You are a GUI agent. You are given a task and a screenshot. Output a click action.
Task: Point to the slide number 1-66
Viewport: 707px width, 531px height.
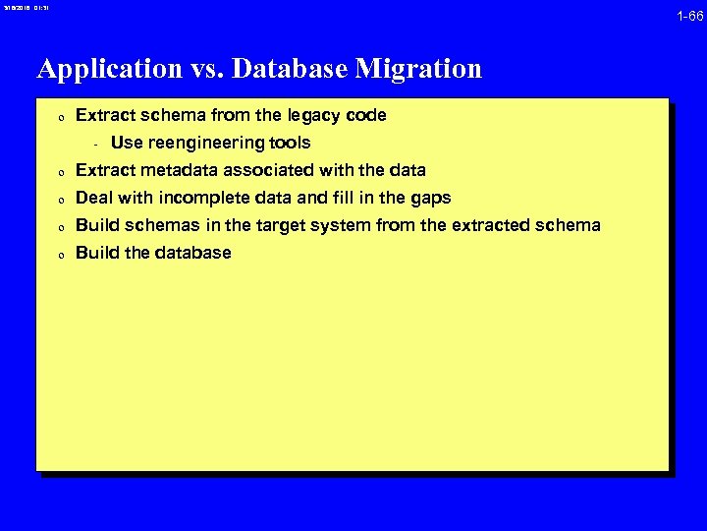coord(689,16)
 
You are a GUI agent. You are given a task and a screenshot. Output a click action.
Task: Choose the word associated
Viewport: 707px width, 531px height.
coord(287,170)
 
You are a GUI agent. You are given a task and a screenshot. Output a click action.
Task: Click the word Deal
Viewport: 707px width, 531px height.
coord(94,198)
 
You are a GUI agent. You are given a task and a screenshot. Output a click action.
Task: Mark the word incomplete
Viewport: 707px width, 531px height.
coord(197,198)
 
